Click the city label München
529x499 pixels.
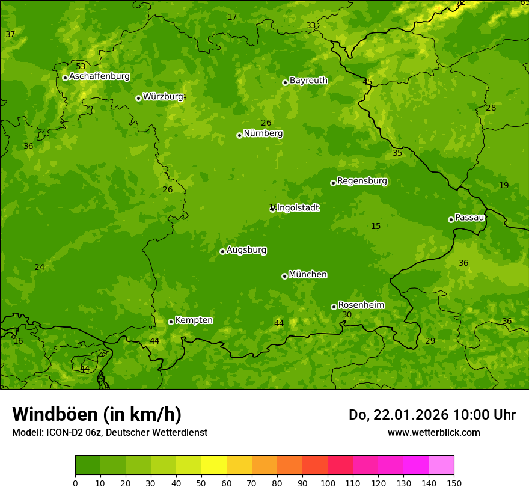click(x=308, y=275)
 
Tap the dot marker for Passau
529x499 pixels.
click(x=451, y=219)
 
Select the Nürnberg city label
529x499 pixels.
click(x=263, y=133)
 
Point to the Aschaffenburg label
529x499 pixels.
click(x=99, y=76)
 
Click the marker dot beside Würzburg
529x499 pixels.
click(x=138, y=98)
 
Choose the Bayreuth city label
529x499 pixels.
click(x=308, y=81)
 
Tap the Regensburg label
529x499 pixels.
click(x=362, y=181)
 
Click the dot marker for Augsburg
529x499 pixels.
click(x=222, y=251)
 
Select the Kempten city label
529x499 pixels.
click(x=194, y=320)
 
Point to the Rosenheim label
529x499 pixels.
click(x=361, y=305)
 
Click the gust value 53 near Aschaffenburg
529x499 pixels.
click(x=81, y=66)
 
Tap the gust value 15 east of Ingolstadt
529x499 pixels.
click(x=376, y=227)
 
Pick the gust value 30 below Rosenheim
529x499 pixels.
click(x=347, y=315)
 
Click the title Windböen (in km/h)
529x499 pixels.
click(x=97, y=414)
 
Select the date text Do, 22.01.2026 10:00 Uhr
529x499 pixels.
click(x=432, y=415)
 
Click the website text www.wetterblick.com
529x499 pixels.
click(x=433, y=432)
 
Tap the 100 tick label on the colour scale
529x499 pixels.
click(x=328, y=483)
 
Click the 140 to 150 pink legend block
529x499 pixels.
click(x=441, y=465)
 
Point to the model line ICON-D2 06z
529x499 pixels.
click(x=109, y=432)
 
